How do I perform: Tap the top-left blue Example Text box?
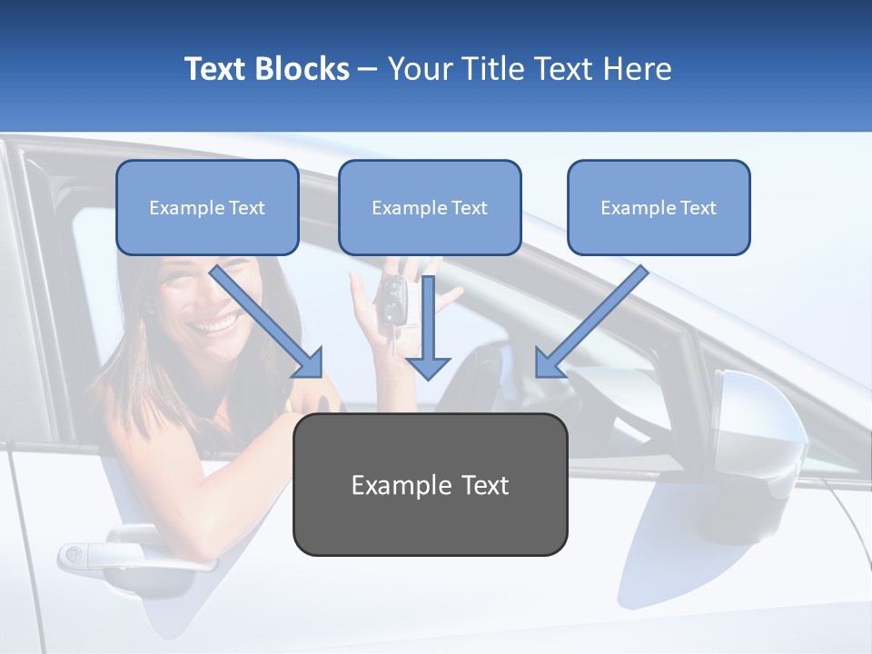[207, 208]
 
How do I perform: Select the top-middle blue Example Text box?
[430, 208]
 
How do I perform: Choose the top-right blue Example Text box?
[659, 208]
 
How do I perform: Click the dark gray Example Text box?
[430, 485]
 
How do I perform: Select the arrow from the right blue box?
[591, 321]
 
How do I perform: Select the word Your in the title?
[418, 69]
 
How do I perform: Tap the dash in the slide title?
[368, 69]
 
